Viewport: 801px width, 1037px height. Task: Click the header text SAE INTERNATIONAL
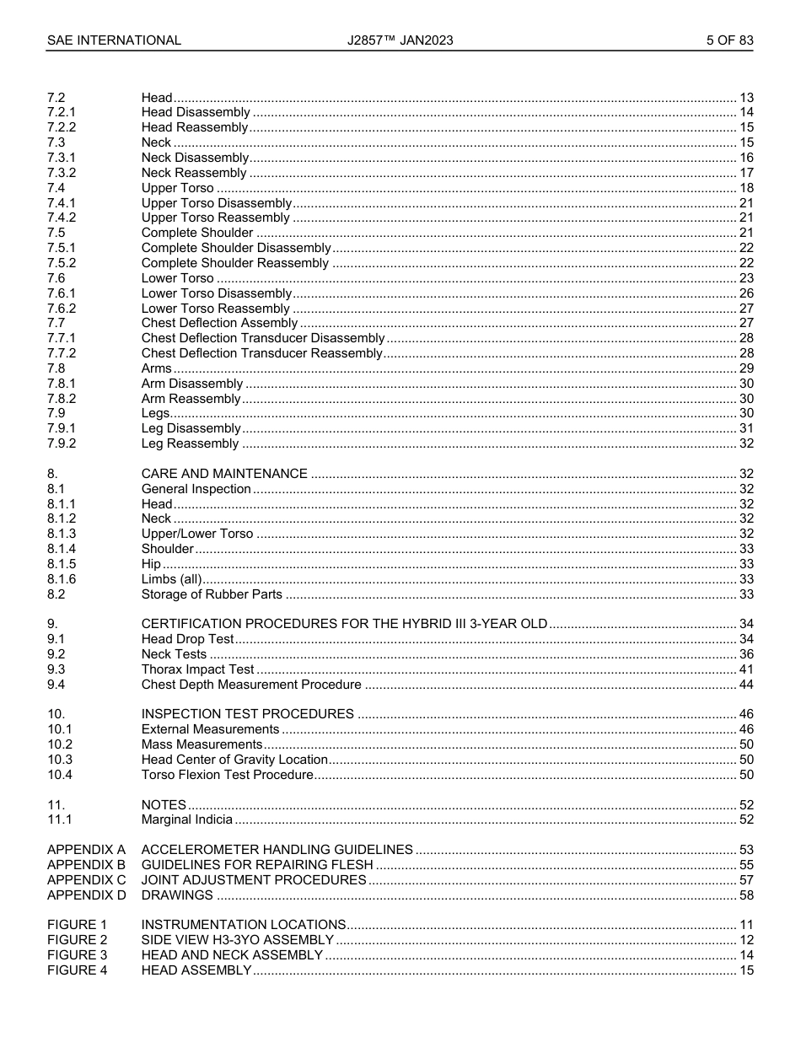click(x=114, y=40)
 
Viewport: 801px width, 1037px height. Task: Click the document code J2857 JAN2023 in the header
click(x=400, y=40)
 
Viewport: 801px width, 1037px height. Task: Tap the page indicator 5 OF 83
click(x=729, y=40)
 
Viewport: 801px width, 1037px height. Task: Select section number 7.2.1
click(x=62, y=112)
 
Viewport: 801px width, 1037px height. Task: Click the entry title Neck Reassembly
click(x=194, y=173)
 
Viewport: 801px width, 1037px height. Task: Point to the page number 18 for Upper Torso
click(x=745, y=188)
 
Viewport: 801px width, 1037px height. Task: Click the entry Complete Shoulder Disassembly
click(x=236, y=248)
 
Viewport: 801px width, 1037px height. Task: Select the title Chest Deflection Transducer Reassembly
click(x=261, y=353)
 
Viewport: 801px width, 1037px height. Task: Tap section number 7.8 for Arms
click(x=56, y=368)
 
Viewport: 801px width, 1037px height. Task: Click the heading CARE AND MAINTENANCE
click(x=224, y=474)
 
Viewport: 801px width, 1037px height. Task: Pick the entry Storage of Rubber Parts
click(x=212, y=594)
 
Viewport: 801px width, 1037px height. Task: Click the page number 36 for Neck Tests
click(x=745, y=654)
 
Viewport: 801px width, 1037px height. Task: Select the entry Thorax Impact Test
click(x=197, y=669)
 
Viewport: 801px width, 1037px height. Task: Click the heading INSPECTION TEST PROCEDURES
click(x=247, y=714)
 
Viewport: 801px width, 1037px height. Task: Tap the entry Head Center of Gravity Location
click(x=234, y=760)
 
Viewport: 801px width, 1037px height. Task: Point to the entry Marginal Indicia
click(x=186, y=819)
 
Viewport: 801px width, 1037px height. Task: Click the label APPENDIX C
click(x=86, y=880)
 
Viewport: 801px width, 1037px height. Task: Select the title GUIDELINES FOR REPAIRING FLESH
click(x=256, y=865)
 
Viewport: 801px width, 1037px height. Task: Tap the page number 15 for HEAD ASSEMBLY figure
click(x=745, y=970)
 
